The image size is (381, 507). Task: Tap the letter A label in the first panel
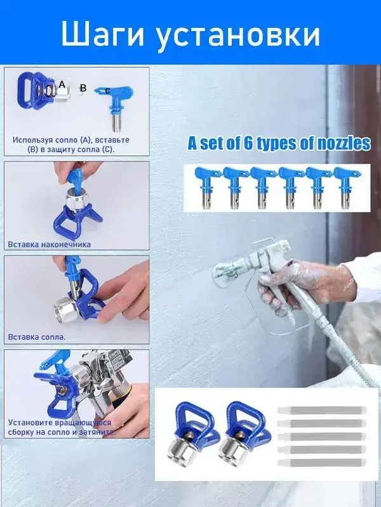tap(62, 85)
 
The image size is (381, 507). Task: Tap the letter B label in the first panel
tap(83, 88)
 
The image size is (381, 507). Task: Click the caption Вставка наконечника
tap(50, 245)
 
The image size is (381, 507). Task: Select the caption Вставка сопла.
tap(37, 337)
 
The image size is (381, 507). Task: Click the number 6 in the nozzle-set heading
tap(248, 144)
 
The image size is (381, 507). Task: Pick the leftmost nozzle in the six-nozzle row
tap(205, 187)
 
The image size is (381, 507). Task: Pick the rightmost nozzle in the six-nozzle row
tap(345, 187)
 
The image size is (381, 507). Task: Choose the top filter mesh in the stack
tap(322, 410)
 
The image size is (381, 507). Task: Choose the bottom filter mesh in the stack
tap(322, 463)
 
